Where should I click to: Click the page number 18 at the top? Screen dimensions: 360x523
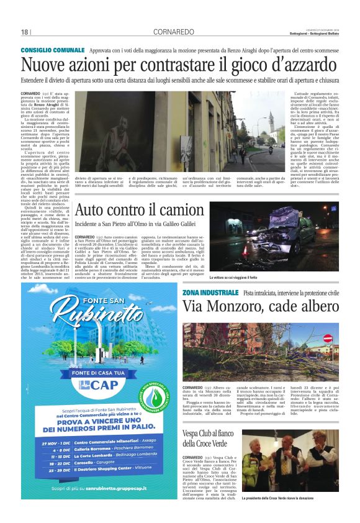coord(25,32)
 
